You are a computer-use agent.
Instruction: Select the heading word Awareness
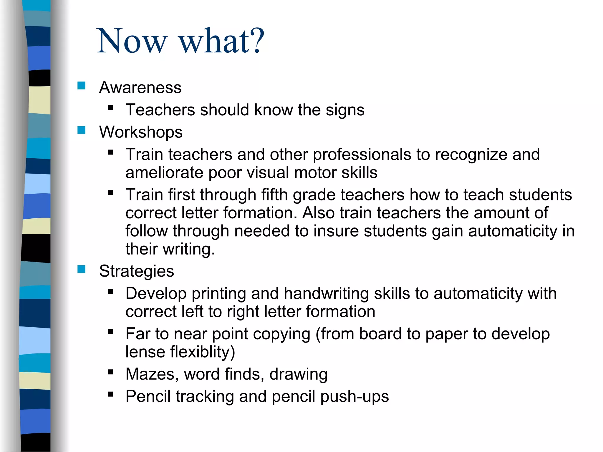pyautogui.click(x=140, y=87)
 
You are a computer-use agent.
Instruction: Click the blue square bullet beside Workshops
pyautogui.click(x=81, y=130)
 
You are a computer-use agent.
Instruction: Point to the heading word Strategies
pyautogui.click(x=136, y=271)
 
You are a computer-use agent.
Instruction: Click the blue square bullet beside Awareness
pyautogui.click(x=81, y=86)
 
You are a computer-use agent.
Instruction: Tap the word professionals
pyautogui.click(x=362, y=155)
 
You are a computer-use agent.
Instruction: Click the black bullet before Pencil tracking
pyautogui.click(x=110, y=394)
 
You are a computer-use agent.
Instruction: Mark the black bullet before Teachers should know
pyautogui.click(x=110, y=108)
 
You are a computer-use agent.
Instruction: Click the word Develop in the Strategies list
pyautogui.click(x=156, y=294)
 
